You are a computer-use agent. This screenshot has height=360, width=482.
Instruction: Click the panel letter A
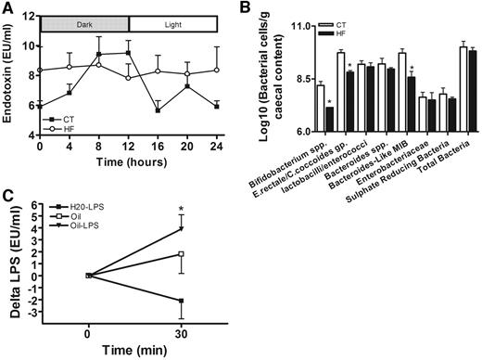(x=7, y=9)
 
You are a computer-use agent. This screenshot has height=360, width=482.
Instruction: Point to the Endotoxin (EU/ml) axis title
(x=9, y=84)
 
